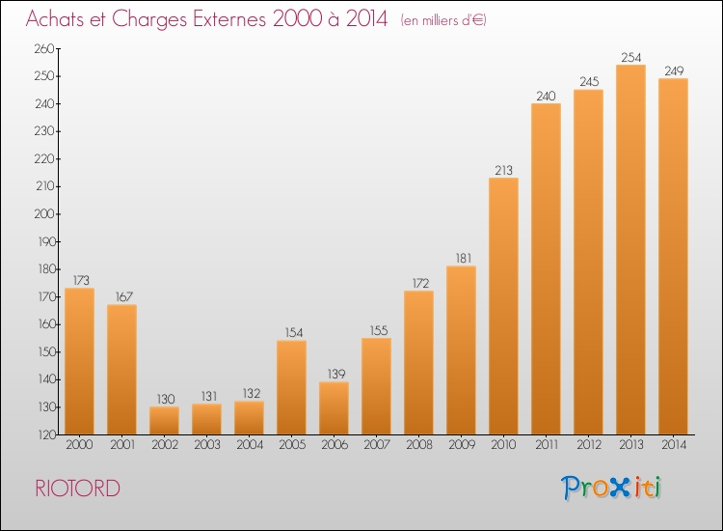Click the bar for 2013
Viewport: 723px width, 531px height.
pos(630,249)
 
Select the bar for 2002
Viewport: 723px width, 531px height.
pos(164,420)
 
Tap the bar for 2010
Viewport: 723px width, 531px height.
pos(503,306)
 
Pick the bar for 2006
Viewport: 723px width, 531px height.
pos(334,408)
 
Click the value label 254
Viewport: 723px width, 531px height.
pos(630,57)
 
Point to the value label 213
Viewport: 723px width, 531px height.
pos(503,170)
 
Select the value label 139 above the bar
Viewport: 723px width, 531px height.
pos(336,374)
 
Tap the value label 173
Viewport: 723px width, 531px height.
pos(81,280)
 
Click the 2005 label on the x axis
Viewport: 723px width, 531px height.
pos(292,445)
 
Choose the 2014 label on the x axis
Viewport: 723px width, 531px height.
pos(674,445)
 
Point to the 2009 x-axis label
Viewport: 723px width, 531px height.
pos(462,445)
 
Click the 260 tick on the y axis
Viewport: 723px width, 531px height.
pos(44,48)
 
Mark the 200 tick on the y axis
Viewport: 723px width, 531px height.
pos(44,213)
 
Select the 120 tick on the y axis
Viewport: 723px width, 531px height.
pos(45,434)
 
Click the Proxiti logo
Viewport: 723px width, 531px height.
pos(611,488)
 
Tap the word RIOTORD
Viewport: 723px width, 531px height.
pos(77,489)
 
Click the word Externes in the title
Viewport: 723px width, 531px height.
pos(229,18)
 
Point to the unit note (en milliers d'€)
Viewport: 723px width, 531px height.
pos(443,20)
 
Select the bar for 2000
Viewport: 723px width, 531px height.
pos(79,361)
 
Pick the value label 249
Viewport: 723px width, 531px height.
pos(674,70)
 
